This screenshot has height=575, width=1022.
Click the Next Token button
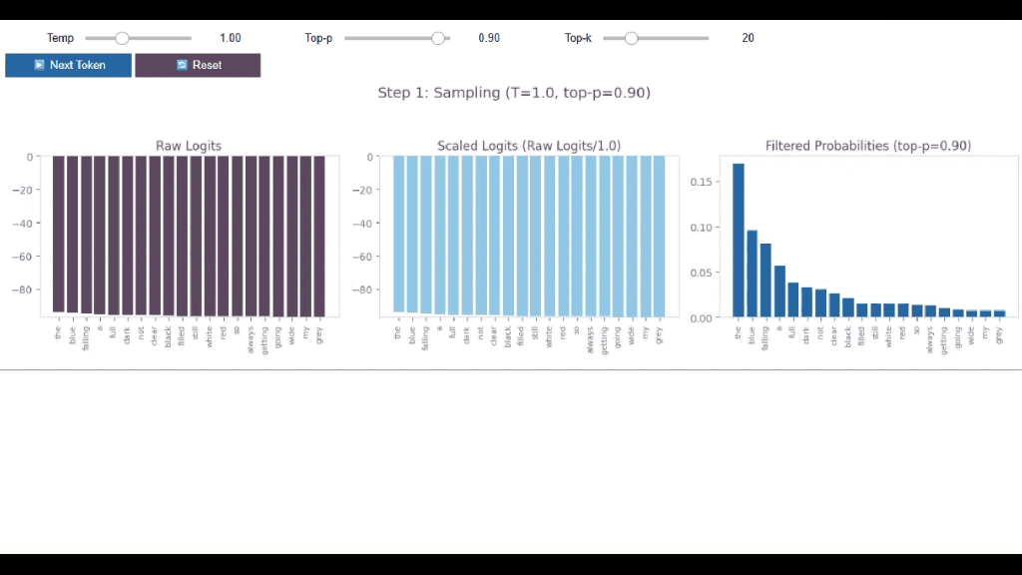click(x=68, y=65)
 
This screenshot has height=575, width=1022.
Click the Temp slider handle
click(x=122, y=38)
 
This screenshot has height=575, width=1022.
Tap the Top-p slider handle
click(x=437, y=38)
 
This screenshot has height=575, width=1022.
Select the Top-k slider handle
click(x=631, y=38)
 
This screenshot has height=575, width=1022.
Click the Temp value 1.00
click(x=231, y=38)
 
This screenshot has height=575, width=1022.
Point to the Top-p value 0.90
click(x=489, y=38)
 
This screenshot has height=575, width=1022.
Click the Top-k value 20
click(x=748, y=38)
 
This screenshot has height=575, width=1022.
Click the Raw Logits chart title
click(x=189, y=146)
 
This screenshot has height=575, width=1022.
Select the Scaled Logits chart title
click(x=529, y=146)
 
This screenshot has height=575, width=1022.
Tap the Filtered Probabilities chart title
click(x=868, y=146)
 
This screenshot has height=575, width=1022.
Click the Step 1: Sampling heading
click(x=514, y=93)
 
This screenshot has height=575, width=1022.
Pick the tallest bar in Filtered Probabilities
click(x=739, y=240)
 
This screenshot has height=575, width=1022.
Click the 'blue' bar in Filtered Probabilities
click(x=753, y=275)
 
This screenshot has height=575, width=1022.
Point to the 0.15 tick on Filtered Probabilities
click(x=703, y=182)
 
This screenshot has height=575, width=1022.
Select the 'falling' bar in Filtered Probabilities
click(x=766, y=281)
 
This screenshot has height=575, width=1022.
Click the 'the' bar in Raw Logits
click(x=59, y=235)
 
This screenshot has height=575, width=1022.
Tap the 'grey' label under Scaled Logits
click(x=659, y=335)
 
